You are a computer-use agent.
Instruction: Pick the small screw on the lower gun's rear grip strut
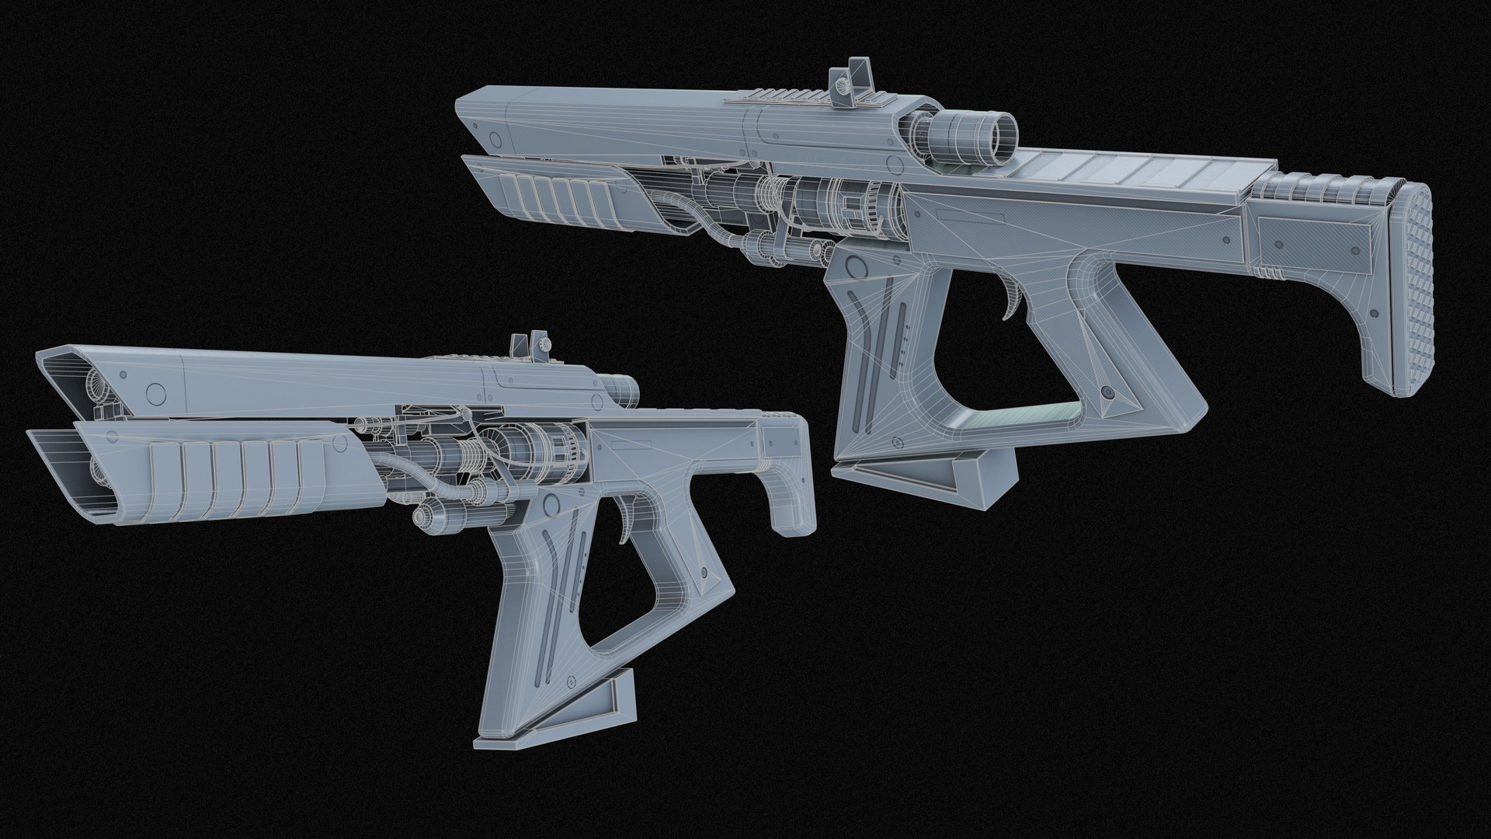704,572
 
